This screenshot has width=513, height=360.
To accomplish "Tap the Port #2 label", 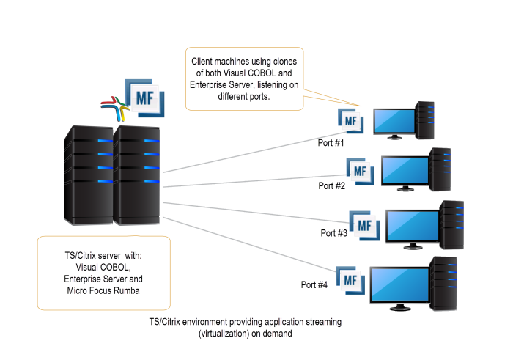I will pyautogui.click(x=331, y=185).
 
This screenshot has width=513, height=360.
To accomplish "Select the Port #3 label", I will pyautogui.click(x=333, y=233).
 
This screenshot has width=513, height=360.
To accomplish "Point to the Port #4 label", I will pyautogui.click(x=314, y=284).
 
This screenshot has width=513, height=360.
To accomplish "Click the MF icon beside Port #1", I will pyautogui.click(x=350, y=120).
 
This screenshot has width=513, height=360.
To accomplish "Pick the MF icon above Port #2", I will pyautogui.click(x=359, y=170).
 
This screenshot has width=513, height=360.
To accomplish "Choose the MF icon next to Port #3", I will pyautogui.click(x=363, y=223).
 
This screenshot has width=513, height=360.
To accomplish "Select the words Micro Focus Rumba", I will pyautogui.click(x=103, y=293).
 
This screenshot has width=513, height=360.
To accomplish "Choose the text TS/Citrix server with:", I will pyautogui.click(x=103, y=255).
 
